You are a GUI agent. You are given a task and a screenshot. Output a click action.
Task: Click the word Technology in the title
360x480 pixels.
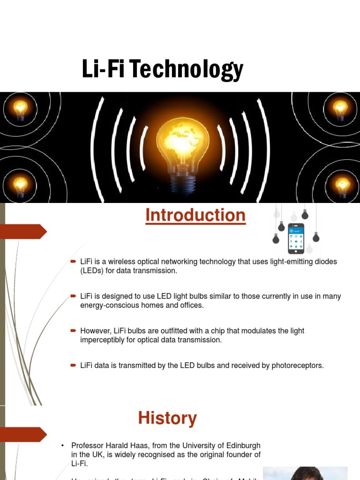187,69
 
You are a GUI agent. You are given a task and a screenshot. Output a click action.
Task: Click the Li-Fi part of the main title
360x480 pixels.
104,69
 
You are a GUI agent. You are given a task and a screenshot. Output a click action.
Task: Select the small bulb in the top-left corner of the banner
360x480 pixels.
20,109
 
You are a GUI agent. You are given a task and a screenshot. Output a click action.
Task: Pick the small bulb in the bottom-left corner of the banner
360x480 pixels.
20,185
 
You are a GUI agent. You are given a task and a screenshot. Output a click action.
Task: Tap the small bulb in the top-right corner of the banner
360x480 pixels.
340,109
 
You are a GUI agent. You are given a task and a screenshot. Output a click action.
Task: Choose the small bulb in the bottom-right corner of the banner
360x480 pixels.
342,185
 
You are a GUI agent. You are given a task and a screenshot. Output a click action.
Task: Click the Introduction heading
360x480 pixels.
195,216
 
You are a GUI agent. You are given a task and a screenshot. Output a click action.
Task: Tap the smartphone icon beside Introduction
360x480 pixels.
296,238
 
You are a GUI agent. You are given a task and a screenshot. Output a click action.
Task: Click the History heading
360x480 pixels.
167,418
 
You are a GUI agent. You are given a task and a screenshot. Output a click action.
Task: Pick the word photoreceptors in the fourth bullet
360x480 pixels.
298,365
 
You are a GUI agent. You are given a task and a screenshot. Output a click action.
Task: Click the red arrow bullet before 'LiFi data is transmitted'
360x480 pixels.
73,365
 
